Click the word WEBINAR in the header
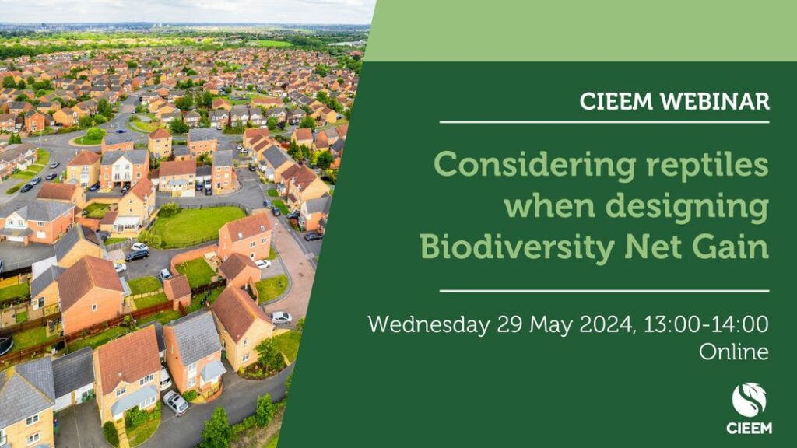tap(714, 102)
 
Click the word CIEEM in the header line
tap(616, 102)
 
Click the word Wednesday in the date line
tap(429, 324)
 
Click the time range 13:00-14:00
tap(706, 324)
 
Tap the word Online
tap(733, 352)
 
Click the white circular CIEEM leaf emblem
tap(749, 401)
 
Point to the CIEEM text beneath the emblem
tap(749, 429)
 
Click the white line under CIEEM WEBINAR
tap(604, 122)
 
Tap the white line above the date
tap(604, 291)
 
